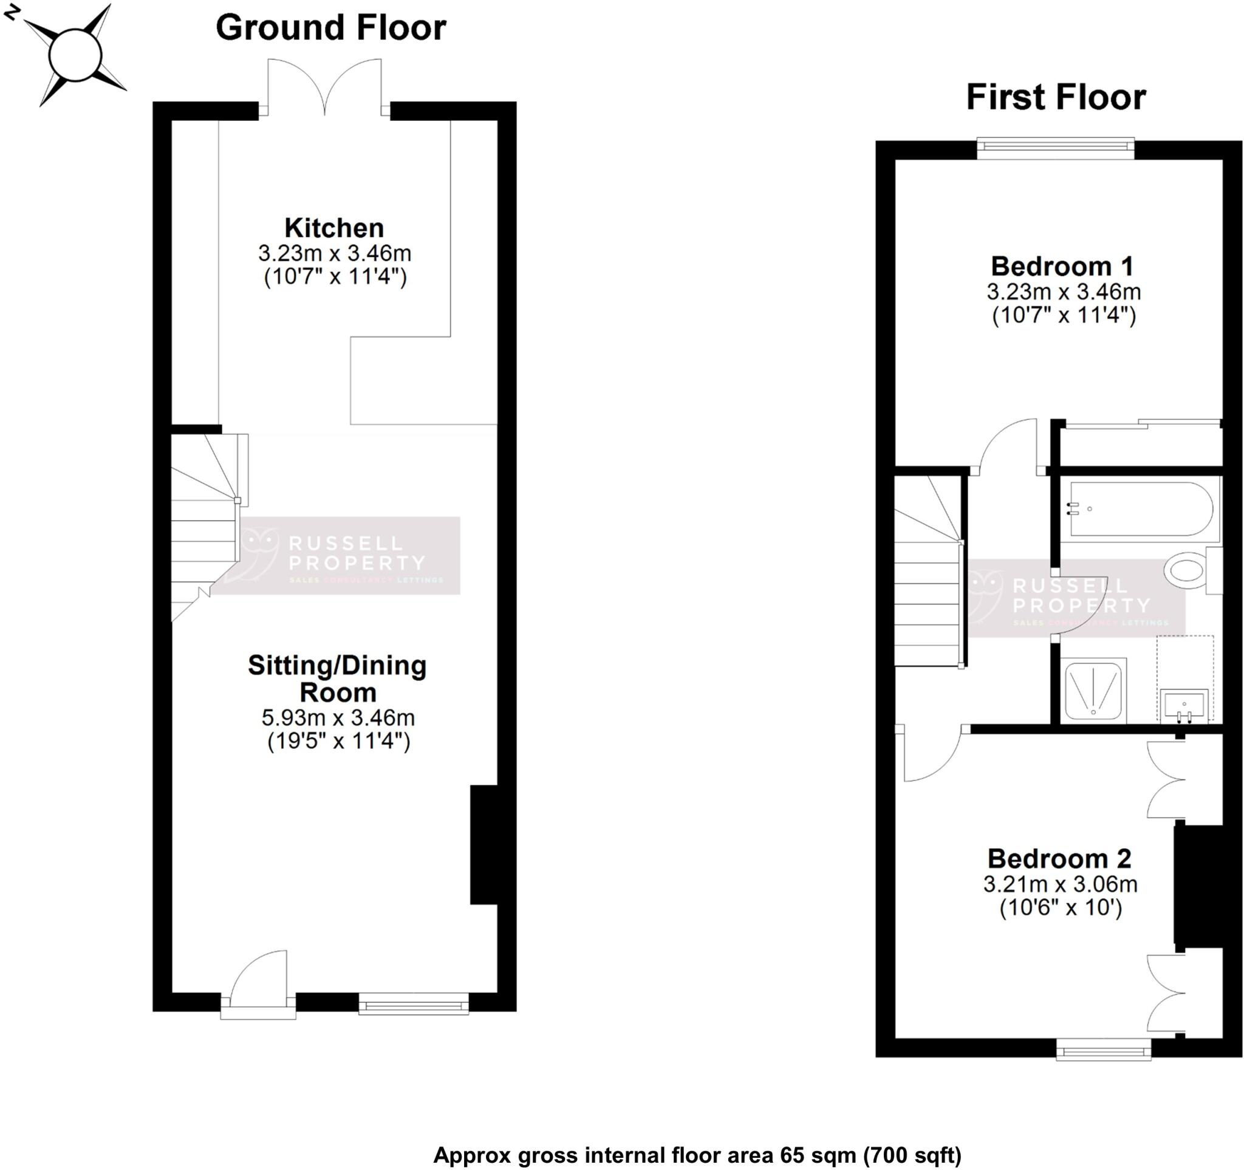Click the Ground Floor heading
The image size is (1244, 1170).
click(330, 28)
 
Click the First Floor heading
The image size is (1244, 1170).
click(1056, 98)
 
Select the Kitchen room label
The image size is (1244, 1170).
click(333, 228)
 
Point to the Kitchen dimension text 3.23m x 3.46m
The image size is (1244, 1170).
click(334, 253)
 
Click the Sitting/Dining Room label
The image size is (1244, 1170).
click(337, 678)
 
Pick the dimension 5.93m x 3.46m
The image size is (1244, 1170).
click(338, 717)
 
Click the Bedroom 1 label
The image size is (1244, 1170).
click(1062, 267)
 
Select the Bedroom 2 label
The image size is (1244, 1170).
click(1059, 859)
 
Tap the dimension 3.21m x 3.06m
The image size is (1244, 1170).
click(1060, 884)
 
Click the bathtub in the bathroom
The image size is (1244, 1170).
click(1141, 508)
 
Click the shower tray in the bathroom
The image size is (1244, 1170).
click(1094, 689)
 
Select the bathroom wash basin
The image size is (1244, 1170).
click(1184, 707)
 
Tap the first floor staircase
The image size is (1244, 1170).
click(928, 582)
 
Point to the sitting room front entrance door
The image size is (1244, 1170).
click(259, 982)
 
